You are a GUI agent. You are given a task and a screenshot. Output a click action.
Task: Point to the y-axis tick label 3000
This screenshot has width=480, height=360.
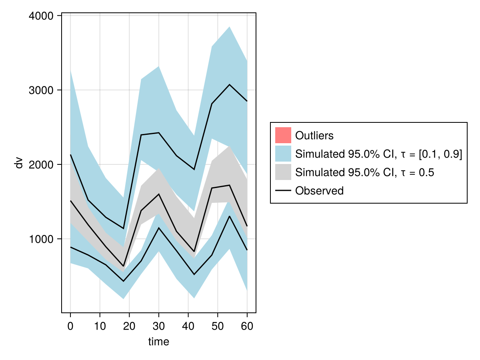[42, 90]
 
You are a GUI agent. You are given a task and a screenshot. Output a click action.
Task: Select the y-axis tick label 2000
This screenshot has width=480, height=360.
[42, 164]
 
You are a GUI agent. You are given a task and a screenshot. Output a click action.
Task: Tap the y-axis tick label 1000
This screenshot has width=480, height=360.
[42, 239]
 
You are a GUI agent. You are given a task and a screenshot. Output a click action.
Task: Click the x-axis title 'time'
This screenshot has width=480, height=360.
[159, 342]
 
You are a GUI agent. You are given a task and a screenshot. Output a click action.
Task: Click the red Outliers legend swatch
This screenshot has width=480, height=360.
[283, 135]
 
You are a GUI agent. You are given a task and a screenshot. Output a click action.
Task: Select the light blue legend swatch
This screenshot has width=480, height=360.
[283, 154]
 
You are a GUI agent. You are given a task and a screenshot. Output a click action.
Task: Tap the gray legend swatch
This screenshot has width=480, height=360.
[283, 172]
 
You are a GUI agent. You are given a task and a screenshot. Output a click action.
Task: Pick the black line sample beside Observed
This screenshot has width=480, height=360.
[283, 191]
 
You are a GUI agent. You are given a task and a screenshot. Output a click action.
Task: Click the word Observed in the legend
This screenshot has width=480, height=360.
[319, 191]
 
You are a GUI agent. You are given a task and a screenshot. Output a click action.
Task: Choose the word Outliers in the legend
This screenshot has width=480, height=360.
[314, 136]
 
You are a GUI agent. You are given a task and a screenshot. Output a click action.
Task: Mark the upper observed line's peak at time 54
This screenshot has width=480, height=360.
[229, 85]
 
